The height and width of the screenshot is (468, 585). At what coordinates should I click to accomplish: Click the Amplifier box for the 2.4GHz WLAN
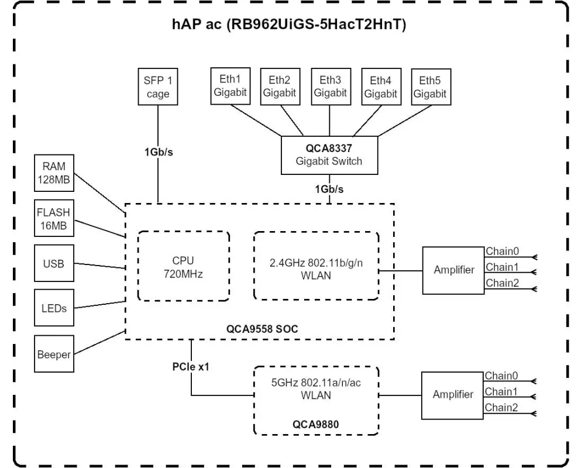click(x=453, y=271)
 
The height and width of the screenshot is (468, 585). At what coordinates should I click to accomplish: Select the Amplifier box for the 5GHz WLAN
click(x=453, y=394)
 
